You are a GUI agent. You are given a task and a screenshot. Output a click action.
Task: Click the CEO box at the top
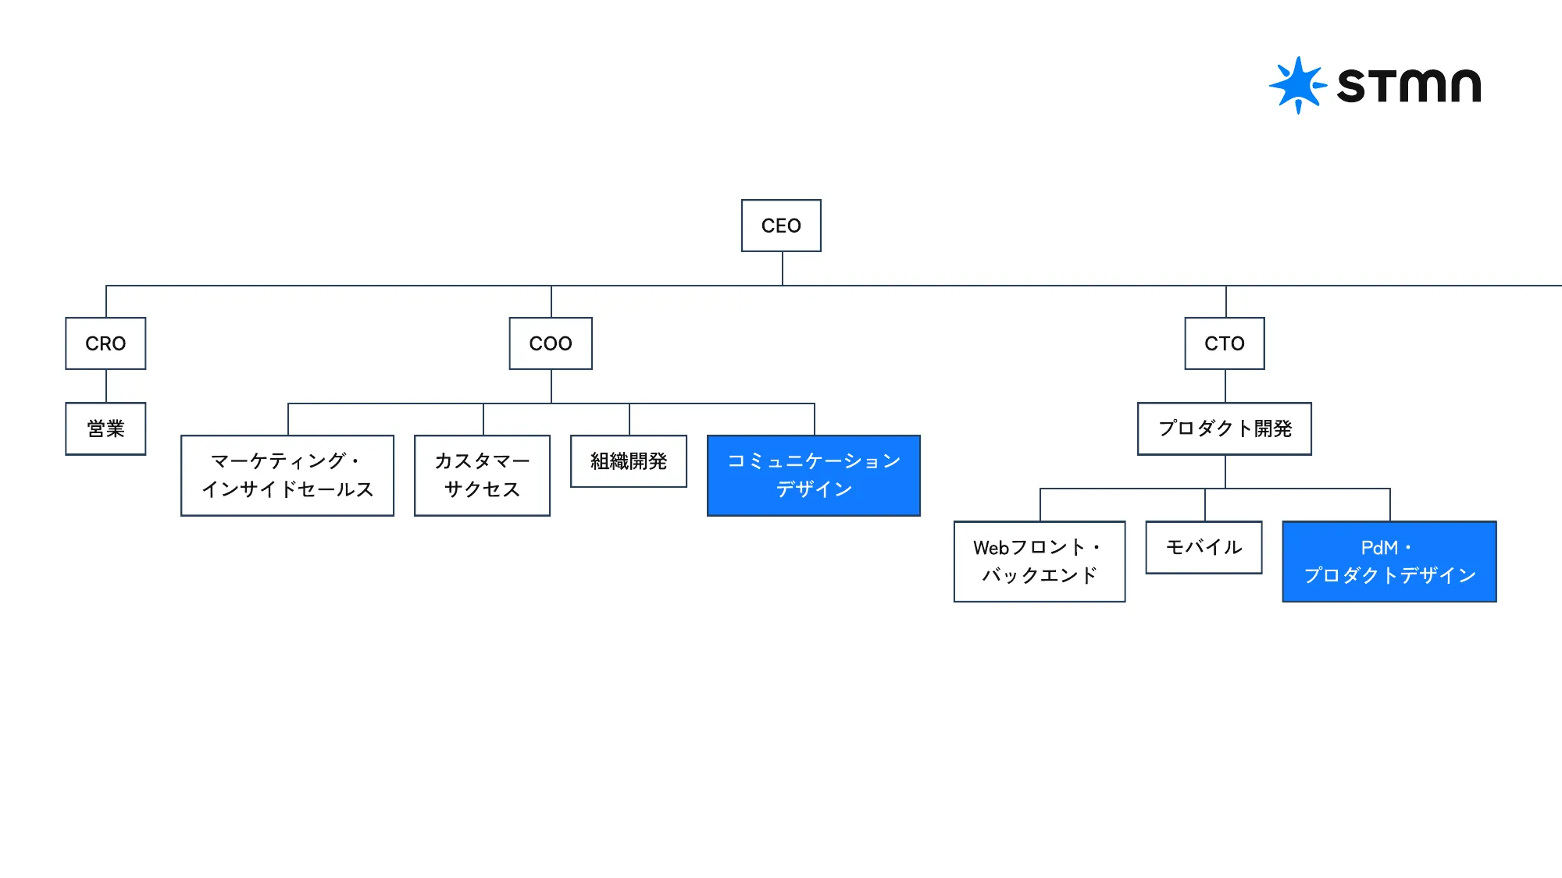point(781,226)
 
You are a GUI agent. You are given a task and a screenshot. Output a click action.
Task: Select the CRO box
point(105,343)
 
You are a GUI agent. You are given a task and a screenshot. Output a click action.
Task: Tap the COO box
point(551,343)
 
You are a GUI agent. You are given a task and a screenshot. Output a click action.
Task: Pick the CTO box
point(1224,343)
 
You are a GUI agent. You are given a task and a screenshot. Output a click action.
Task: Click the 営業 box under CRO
point(105,428)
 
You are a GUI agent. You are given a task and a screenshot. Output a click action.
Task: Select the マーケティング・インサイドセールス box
point(287,475)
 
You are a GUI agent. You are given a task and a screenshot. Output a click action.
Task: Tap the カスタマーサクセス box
point(482,475)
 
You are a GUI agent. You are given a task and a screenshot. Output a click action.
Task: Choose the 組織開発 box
point(629,461)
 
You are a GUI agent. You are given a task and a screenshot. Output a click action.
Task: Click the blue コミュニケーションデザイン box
point(813,475)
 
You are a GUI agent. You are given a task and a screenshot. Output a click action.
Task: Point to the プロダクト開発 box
point(1224,428)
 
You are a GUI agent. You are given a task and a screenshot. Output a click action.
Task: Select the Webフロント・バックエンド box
point(1039,561)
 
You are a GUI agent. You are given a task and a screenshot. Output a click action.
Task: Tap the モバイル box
point(1204,547)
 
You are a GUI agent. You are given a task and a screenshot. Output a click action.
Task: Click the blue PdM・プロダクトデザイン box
point(1389,561)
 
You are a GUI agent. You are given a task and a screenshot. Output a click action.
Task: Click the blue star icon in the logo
point(1297,84)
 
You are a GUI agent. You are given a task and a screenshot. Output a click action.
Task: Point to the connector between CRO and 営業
point(106,386)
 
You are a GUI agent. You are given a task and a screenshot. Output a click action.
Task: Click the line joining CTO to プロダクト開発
point(1225,386)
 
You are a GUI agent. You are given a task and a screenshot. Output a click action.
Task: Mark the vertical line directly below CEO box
point(783,268)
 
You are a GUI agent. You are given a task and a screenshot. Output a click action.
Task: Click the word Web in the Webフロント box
point(991,548)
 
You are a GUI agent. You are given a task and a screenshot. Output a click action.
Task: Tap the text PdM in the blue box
point(1378,548)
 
